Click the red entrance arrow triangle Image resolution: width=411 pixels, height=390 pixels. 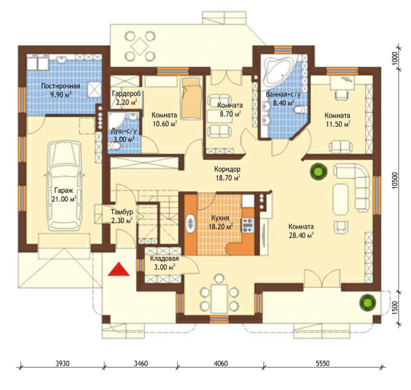119,269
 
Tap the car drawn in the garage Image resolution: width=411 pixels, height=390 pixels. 64,186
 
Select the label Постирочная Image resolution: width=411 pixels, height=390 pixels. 61,86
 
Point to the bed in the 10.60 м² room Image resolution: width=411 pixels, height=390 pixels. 192,98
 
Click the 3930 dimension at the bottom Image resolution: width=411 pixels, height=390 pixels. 62,364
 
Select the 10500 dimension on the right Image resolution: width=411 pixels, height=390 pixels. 396,180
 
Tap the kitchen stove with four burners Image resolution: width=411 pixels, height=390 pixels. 247,225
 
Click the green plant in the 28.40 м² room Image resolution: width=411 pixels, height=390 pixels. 319,172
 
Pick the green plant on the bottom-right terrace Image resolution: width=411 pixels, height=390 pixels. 368,303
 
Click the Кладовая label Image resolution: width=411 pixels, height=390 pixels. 164,259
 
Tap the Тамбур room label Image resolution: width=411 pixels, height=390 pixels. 122,212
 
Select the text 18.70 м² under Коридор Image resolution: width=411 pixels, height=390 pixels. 228,178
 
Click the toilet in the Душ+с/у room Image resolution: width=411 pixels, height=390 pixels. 114,147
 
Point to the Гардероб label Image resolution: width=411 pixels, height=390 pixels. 126,93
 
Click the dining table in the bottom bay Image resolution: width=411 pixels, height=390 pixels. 219,299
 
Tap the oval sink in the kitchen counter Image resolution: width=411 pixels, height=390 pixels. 190,223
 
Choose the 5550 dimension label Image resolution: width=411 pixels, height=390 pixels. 323,364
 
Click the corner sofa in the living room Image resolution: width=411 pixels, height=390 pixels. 352,186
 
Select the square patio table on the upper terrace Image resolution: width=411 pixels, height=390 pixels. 140,46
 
